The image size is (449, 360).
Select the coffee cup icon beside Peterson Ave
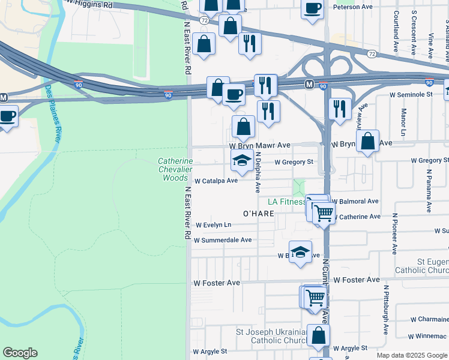click(312, 8)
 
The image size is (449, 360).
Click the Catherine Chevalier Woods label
click(175, 169)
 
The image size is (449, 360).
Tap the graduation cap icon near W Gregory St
click(242, 160)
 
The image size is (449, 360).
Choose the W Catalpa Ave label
click(216, 180)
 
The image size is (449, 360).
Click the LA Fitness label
click(287, 202)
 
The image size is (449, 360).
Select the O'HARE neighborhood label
click(258, 214)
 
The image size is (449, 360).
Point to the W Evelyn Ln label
click(212, 225)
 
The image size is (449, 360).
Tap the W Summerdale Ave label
click(223, 239)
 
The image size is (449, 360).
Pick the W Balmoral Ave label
click(355, 202)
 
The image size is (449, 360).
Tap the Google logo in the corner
click(20, 353)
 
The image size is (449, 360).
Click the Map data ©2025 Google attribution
click(412, 355)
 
